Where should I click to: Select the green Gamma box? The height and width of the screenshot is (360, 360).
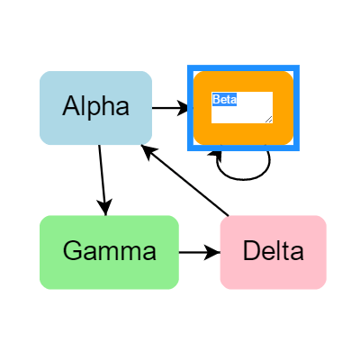click(109, 252)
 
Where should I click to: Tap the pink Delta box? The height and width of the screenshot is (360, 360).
click(273, 252)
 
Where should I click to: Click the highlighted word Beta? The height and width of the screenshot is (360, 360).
click(224, 99)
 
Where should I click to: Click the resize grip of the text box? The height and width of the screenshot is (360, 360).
click(268, 119)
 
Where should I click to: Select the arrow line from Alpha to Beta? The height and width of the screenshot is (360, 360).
click(166, 108)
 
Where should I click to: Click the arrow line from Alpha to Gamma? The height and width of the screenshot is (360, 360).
click(102, 175)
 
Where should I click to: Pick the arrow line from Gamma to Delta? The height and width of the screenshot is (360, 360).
click(193, 252)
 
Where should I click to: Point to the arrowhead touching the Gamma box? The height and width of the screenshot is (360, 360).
click(105, 208)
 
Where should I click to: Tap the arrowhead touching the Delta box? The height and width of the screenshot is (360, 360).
click(213, 252)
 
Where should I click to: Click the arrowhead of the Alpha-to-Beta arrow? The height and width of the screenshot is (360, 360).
click(184, 108)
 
